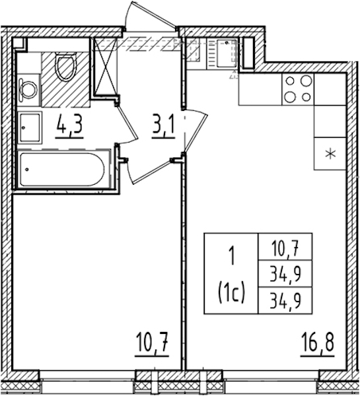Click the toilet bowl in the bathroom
(66, 67)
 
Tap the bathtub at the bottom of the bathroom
(62, 169)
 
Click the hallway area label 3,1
(164, 125)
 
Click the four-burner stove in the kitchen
(298, 89)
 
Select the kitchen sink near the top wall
(227, 53)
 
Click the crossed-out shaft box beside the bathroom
(105, 67)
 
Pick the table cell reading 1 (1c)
(231, 273)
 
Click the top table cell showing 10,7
(285, 246)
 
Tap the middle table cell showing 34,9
(285, 273)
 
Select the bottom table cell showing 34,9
(285, 300)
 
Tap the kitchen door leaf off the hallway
(196, 133)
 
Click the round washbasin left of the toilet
(29, 89)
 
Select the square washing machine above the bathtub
(30, 127)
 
